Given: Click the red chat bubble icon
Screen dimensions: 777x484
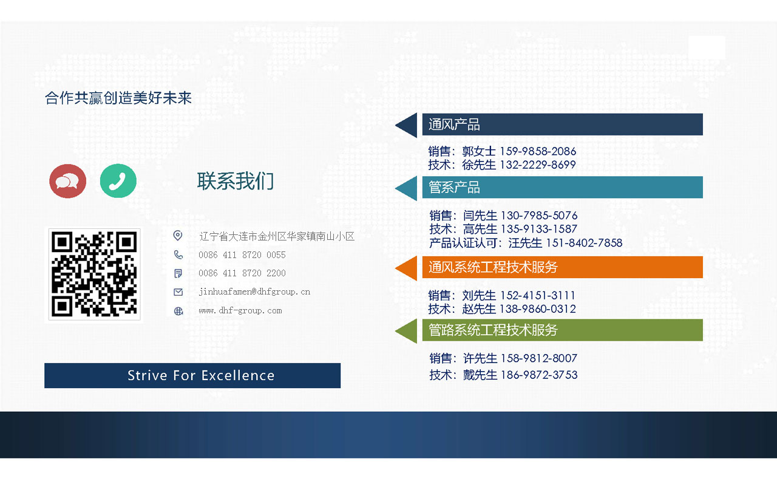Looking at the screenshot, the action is point(67,181).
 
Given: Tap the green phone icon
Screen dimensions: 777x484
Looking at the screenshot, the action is point(118,181).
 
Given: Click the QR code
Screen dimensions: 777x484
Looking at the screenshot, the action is point(94,274).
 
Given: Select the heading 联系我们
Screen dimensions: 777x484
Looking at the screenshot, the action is point(236,181).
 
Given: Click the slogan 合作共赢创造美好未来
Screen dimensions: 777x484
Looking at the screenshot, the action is point(118,98).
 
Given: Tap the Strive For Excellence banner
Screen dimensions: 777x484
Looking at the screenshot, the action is point(192,375).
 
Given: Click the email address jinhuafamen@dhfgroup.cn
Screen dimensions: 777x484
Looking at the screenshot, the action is point(254,291).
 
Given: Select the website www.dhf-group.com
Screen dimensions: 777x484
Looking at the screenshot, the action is point(240,310).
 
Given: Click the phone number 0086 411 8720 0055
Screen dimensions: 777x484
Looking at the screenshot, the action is point(242,255).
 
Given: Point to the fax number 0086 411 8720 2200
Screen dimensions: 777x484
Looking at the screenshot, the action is point(242,273).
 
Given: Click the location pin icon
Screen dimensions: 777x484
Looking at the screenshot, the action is point(178,236).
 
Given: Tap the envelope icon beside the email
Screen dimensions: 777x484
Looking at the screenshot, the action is point(178,292).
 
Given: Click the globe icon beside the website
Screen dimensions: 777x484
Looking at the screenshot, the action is point(178,311).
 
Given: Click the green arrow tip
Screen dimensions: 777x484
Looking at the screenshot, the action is point(395,331).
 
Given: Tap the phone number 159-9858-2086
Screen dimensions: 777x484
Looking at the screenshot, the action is point(538,151).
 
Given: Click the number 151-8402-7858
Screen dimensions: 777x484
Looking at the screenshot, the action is point(585,243).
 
